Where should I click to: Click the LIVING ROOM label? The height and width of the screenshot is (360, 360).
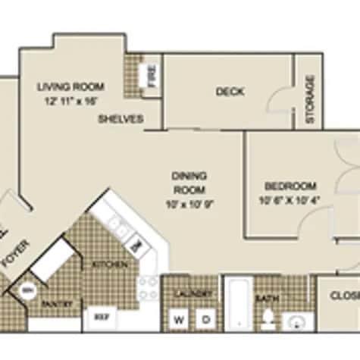point(70,86)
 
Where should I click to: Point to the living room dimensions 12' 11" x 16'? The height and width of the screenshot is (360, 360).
point(70,99)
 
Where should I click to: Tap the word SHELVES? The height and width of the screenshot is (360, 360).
point(121,119)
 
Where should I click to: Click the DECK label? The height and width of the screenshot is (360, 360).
point(230,92)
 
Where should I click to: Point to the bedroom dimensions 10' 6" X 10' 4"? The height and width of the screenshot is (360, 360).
point(290,200)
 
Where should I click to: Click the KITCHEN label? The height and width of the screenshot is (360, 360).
point(105,265)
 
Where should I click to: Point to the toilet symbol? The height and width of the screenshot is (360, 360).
point(267,320)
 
